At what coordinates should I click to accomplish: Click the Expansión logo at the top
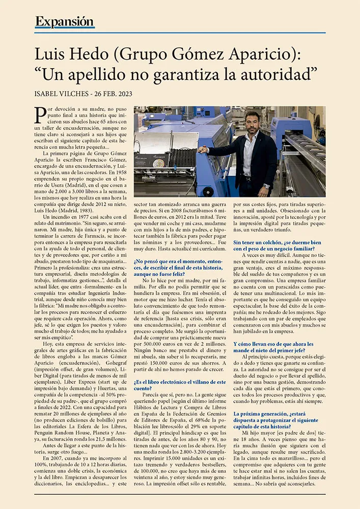[65, 22]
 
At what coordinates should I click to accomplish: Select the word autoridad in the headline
[270, 74]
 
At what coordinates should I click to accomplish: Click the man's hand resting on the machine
[202, 150]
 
